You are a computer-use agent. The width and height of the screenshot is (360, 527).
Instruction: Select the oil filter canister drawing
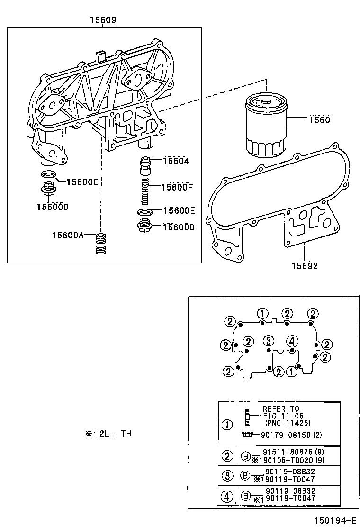(x=266, y=126)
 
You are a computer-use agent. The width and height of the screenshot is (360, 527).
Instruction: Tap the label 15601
(x=322, y=120)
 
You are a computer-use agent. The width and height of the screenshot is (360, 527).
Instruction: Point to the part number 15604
(x=176, y=161)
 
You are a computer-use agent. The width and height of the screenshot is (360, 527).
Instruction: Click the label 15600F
(x=177, y=187)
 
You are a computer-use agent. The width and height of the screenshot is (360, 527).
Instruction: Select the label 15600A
(x=68, y=235)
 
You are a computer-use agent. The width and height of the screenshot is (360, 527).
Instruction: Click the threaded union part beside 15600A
(x=100, y=244)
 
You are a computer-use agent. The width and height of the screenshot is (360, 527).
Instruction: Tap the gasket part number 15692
(x=305, y=266)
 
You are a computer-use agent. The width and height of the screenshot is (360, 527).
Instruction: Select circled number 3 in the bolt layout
(x=269, y=340)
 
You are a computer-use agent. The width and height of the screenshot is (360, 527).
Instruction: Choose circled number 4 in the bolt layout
(x=292, y=341)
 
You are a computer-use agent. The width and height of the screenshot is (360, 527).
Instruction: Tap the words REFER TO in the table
(x=281, y=409)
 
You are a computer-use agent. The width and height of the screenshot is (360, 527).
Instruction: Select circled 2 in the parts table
(x=228, y=456)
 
